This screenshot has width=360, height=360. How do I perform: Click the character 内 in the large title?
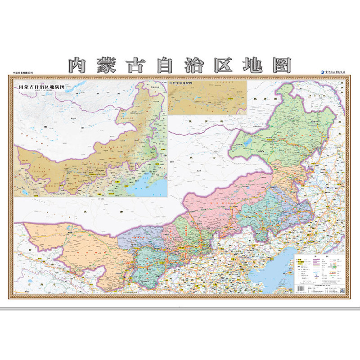[x=81, y=65]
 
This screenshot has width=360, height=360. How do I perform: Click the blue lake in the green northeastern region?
[x=247, y=143]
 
